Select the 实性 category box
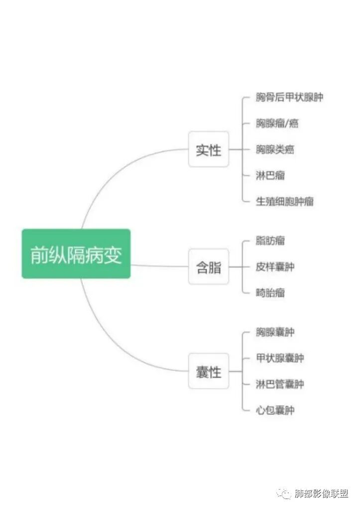(208, 149)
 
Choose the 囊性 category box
(208, 371)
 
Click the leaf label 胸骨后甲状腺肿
(289, 97)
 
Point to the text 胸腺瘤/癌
(277, 123)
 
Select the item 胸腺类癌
(275, 149)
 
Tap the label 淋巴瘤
(270, 175)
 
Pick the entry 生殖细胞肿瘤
(284, 201)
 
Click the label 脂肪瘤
(270, 241)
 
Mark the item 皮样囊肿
(275, 266)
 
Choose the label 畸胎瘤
(270, 292)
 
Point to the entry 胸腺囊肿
(275, 332)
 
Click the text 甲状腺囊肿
(280, 358)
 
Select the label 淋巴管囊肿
(280, 384)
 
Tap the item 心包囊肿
(275, 410)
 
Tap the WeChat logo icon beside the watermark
(285, 494)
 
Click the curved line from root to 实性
(115, 172)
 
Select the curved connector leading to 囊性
(115, 344)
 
